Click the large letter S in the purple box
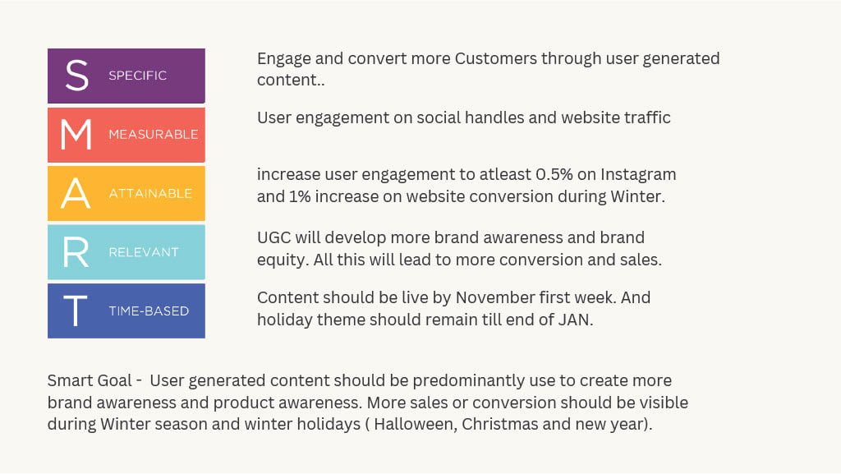pyautogui.click(x=76, y=75)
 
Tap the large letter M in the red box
pyautogui.click(x=76, y=134)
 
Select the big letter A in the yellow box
pyautogui.click(x=76, y=193)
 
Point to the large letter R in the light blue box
pyautogui.click(x=76, y=252)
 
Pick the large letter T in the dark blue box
pyautogui.click(x=76, y=311)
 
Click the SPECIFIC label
pyautogui.click(x=137, y=76)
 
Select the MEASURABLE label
pyautogui.click(x=154, y=134)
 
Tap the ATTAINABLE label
pyautogui.click(x=150, y=193)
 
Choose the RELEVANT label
pyautogui.click(x=144, y=252)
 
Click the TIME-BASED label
pyautogui.click(x=149, y=311)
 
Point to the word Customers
pyautogui.click(x=495, y=58)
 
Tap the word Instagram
pyautogui.click(x=638, y=175)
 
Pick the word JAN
pyautogui.click(x=576, y=320)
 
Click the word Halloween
pyautogui.click(x=416, y=424)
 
